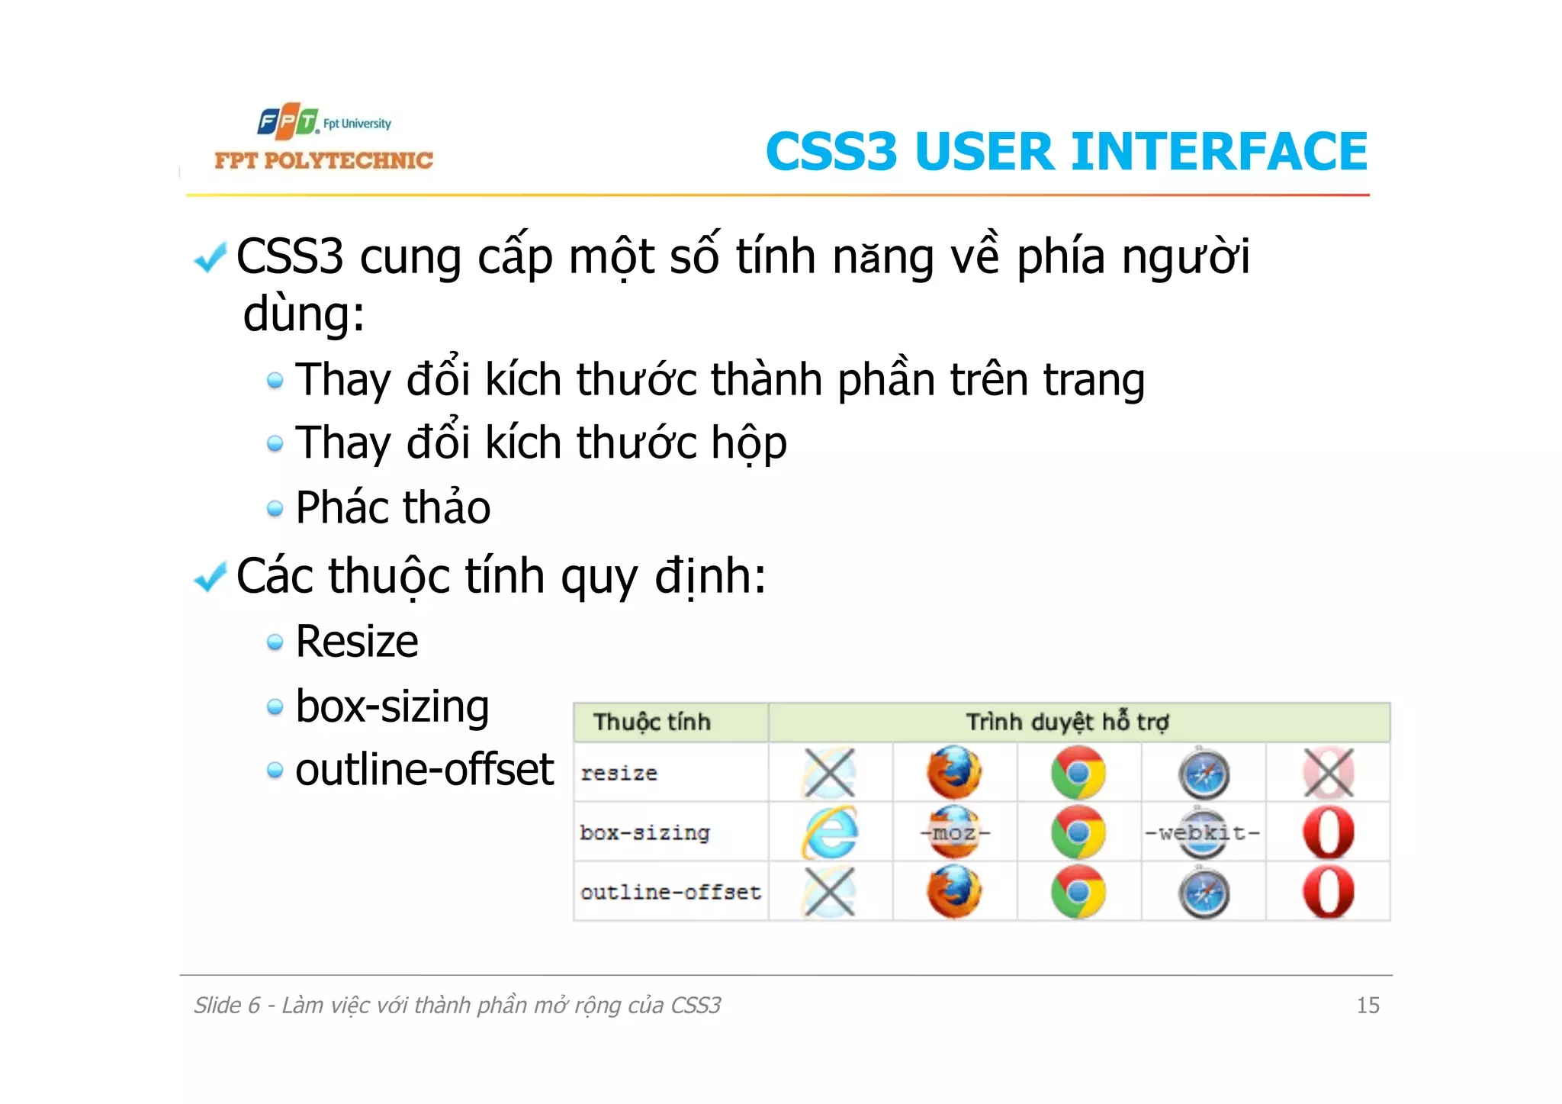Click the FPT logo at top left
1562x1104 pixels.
pos(288,121)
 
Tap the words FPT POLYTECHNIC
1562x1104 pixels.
pos(323,160)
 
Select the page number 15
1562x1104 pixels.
pos(1368,1005)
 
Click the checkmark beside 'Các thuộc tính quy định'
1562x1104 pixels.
pos(211,577)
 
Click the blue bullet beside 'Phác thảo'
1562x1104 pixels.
pos(275,509)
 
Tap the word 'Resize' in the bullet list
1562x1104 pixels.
pos(356,641)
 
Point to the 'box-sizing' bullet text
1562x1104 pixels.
pos(392,706)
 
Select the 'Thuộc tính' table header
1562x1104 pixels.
pos(652,722)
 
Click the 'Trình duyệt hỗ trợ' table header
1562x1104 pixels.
pos(1067,722)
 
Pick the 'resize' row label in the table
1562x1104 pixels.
pos(619,773)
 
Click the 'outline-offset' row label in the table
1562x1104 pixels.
pos(670,892)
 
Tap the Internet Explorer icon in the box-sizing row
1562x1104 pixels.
pos(830,832)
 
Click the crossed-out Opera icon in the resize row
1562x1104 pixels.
pos(1328,773)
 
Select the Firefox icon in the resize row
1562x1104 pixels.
pos(954,773)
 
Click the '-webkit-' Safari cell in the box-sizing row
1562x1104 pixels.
pos(1203,832)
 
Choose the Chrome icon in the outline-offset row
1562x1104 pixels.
pos(1078,892)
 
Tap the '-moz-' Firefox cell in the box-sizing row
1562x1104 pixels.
pos(954,832)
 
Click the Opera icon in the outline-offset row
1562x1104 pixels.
pos(1328,892)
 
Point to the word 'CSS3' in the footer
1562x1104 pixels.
pos(696,1005)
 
